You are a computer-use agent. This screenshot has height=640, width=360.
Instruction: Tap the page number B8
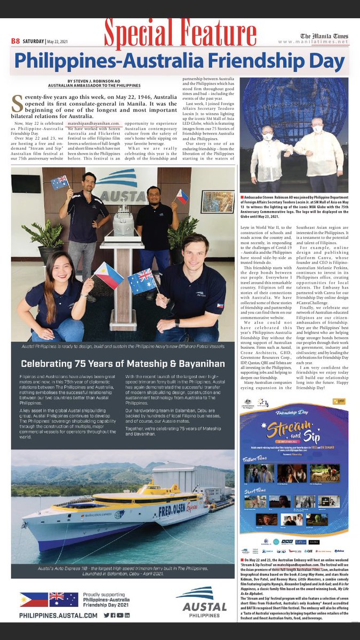pyautogui.click(x=15, y=41)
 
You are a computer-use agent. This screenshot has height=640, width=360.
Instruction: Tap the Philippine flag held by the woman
pyautogui.click(x=108, y=276)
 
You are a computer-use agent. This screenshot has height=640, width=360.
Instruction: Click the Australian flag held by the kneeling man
pyautogui.click(x=142, y=281)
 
